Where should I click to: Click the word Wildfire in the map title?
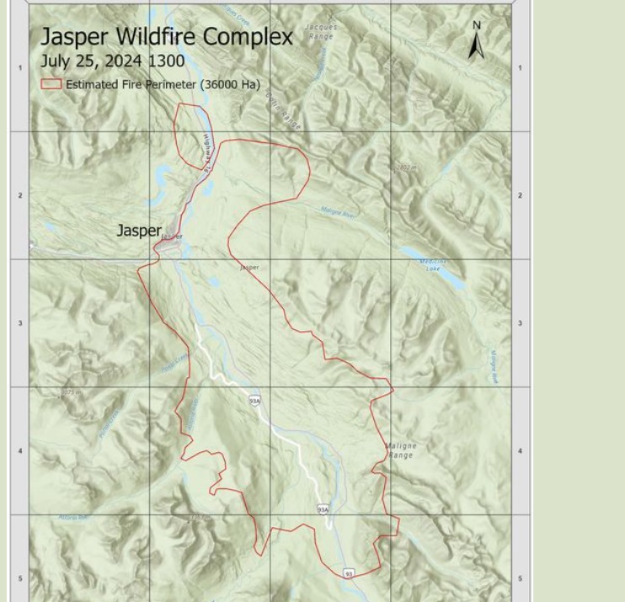pyautogui.click(x=153, y=37)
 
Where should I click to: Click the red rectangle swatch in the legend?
pyautogui.click(x=51, y=84)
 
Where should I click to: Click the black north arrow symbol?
pyautogui.click(x=476, y=47)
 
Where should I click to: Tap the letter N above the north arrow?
pyautogui.click(x=476, y=25)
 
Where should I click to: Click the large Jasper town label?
pyautogui.click(x=138, y=231)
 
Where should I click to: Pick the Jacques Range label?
pyautogui.click(x=321, y=32)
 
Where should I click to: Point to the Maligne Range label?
pyautogui.click(x=401, y=450)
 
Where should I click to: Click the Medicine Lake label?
pyautogui.click(x=432, y=265)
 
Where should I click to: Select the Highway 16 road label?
pyautogui.click(x=207, y=153)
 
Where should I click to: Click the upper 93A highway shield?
pyautogui.click(x=254, y=402)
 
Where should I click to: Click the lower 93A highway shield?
pyautogui.click(x=323, y=509)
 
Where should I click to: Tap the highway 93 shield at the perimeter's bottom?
pyautogui.click(x=349, y=573)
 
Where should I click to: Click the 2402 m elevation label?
pyautogui.click(x=406, y=168)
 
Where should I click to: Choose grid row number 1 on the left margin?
pyautogui.click(x=20, y=68)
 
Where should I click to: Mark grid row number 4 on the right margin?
pyautogui.click(x=520, y=451)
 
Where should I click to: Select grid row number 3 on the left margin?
pyautogui.click(x=20, y=323)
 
